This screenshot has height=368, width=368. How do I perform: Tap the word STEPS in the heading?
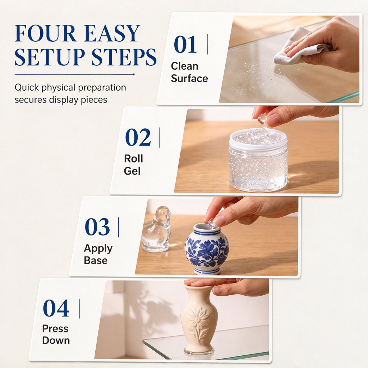(x=124, y=57)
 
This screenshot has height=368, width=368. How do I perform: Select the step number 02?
(x=138, y=137)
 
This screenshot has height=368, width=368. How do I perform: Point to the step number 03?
(x=97, y=227)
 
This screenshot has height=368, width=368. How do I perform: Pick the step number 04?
(x=56, y=308)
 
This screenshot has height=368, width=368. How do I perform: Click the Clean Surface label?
(x=189, y=72)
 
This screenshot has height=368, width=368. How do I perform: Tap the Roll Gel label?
(x=133, y=165)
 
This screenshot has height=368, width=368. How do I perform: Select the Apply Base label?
(x=98, y=254)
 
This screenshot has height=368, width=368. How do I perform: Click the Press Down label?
(x=56, y=335)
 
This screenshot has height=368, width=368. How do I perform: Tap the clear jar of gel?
(x=258, y=160)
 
